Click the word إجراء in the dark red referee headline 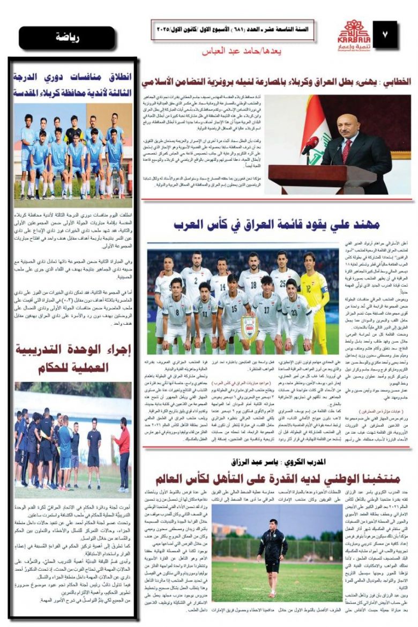[x=114, y=350]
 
